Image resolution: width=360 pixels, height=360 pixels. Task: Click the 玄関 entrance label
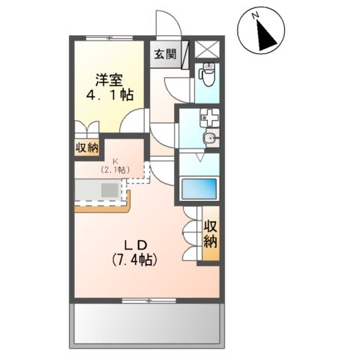pos(165,54)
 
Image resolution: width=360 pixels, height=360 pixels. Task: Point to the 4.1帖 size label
pos(108,95)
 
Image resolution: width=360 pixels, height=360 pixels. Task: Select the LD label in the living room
pos(133,244)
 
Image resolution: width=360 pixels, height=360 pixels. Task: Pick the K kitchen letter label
pos(115,161)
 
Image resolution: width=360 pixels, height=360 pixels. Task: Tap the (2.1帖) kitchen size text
pos(115,170)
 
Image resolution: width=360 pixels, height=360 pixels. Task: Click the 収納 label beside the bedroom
pos(86,148)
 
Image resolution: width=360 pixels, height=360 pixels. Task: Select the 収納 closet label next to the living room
pos(210,235)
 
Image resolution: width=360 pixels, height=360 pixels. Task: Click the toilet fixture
pos(208,75)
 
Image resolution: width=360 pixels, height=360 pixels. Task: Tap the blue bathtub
pos(198,188)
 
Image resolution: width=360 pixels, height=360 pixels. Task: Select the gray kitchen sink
pos(108,190)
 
